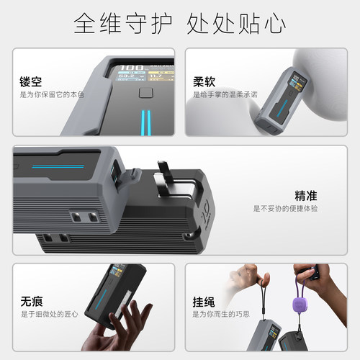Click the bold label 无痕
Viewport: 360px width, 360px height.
coord(30,301)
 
